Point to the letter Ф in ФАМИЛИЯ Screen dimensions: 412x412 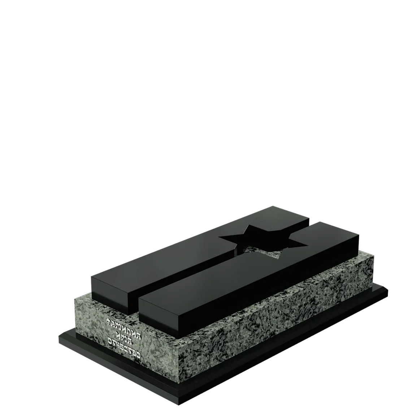[x=108, y=321]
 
